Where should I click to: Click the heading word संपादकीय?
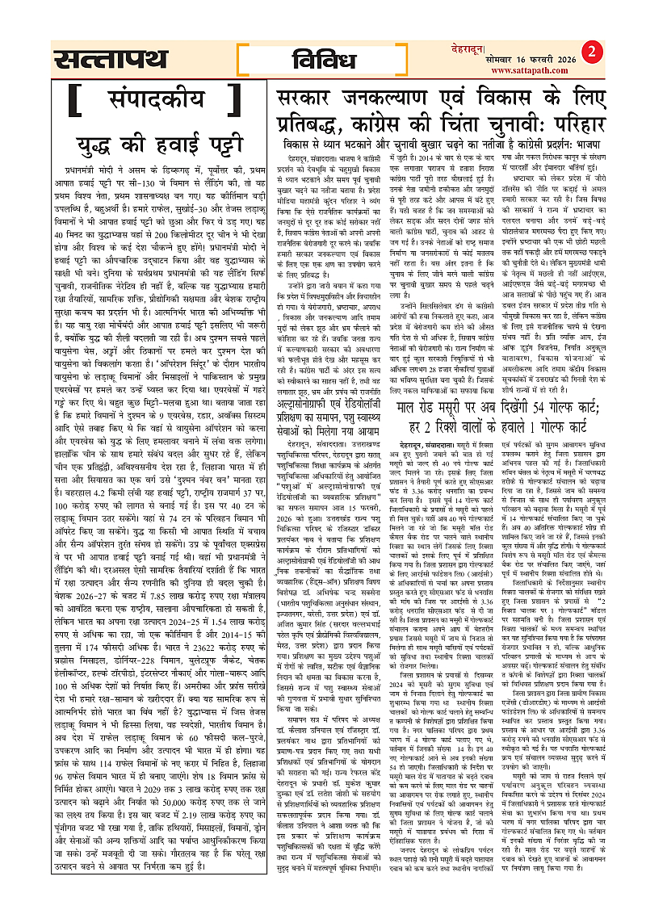[x=151, y=103]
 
